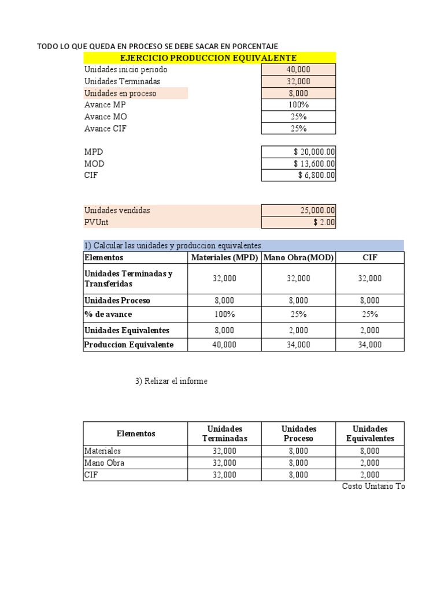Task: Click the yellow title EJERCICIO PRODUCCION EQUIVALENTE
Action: [x=209, y=58]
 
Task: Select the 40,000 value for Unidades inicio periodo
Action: [x=298, y=69]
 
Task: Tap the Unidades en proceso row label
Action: [x=120, y=93]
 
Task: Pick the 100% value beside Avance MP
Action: [x=298, y=105]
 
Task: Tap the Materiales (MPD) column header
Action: [x=224, y=257]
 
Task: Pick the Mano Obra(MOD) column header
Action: [x=298, y=257]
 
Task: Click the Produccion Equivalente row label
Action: [x=128, y=345]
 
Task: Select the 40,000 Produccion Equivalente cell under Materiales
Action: [x=224, y=345]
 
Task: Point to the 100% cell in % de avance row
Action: [x=224, y=315]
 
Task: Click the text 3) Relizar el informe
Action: [x=171, y=381]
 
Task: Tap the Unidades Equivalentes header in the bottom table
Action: [x=370, y=433]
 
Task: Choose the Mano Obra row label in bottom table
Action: [x=105, y=463]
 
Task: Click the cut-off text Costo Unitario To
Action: [x=373, y=487]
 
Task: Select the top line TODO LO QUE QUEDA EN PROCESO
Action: [x=157, y=46]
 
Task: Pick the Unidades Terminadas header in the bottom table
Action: [x=224, y=433]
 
